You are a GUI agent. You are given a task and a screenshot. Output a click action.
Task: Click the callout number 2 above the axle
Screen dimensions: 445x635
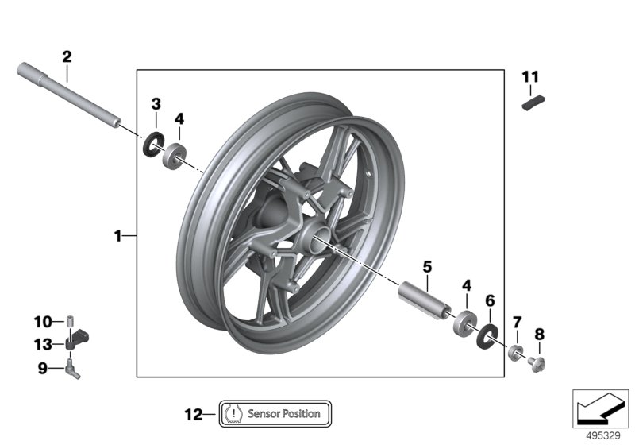(x=67, y=56)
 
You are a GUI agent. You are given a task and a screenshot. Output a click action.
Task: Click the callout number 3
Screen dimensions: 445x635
(x=156, y=104)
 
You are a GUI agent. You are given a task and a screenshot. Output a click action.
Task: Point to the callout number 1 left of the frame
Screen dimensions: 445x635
(x=117, y=236)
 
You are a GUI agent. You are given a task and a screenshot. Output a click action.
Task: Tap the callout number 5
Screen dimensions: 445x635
(x=426, y=267)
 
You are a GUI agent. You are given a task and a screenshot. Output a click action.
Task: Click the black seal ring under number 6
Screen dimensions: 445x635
(x=485, y=335)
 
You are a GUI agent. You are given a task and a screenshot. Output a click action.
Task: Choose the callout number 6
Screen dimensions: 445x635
(x=490, y=300)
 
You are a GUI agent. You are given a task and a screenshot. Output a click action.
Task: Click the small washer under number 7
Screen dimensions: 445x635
(x=515, y=352)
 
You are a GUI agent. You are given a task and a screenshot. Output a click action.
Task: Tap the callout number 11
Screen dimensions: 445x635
(x=530, y=77)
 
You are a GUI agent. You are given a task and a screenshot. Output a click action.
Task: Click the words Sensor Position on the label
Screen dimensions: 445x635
(x=284, y=413)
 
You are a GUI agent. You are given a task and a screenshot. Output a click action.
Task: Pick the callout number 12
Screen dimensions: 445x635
(x=193, y=413)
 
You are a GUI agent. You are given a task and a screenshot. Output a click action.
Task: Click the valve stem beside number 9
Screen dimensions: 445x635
(x=74, y=367)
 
